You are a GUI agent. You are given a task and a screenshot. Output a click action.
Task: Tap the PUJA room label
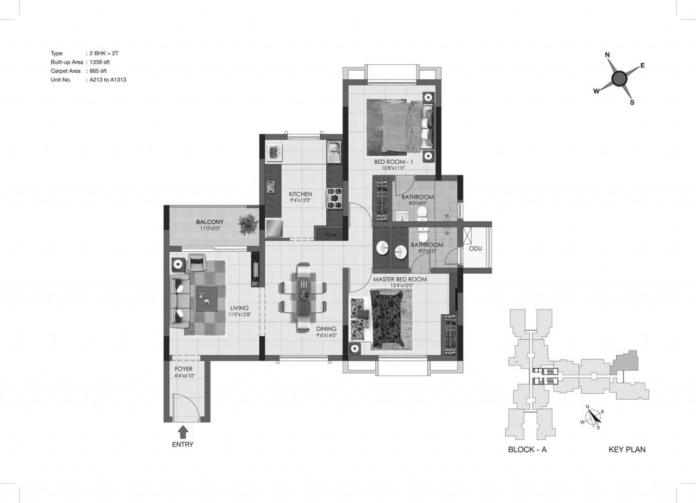pos(331,235)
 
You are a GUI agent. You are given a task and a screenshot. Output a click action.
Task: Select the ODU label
pos(475,249)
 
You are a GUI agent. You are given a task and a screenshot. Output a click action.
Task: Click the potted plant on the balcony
pos(248,224)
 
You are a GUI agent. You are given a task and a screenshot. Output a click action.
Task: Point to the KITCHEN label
pos(300,194)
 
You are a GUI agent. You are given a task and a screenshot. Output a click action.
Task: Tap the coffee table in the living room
pos(207,299)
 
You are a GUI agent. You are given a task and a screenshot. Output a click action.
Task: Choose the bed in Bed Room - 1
pos(400,127)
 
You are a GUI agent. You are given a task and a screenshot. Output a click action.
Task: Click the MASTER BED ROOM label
pos(400,280)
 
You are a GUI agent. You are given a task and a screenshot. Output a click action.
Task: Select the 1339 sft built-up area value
pos(100,62)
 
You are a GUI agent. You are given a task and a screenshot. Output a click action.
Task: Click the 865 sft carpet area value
pos(98,71)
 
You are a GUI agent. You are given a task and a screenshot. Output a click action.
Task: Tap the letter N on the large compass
pos(607,55)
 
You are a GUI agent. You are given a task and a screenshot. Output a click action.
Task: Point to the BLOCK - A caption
pos(527,449)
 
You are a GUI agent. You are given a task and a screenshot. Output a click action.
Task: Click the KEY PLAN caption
pos(627,449)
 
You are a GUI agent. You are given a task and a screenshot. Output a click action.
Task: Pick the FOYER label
pos(184,369)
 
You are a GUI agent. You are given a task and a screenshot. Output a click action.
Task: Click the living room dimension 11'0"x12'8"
pos(240,314)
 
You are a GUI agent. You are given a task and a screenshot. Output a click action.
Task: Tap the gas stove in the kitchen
pos(334,198)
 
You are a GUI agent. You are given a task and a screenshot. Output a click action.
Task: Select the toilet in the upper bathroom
pos(422,214)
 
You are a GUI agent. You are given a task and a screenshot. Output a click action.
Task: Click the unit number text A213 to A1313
pos(108,80)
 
